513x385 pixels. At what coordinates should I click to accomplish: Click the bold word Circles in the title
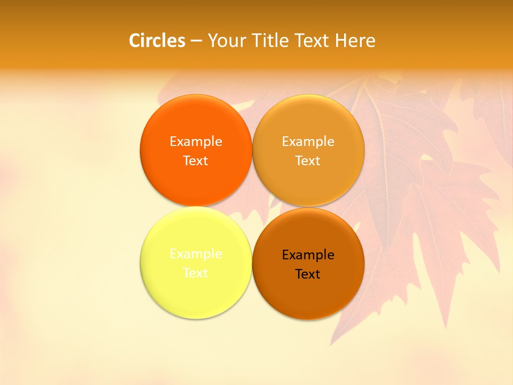click(157, 41)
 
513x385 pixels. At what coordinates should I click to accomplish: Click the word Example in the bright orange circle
click(196, 141)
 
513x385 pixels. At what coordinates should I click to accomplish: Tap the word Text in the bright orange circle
click(196, 160)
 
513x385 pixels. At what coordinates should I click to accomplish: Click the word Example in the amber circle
click(308, 141)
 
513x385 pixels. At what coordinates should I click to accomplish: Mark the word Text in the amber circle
click(308, 160)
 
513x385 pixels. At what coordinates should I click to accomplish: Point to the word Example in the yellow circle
click(196, 253)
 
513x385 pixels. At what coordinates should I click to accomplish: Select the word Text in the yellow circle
click(196, 273)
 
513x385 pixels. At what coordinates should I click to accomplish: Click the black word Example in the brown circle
click(308, 255)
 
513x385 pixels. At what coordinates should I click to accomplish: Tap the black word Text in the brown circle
click(308, 274)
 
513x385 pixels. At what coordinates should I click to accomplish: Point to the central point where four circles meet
click(252, 206)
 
